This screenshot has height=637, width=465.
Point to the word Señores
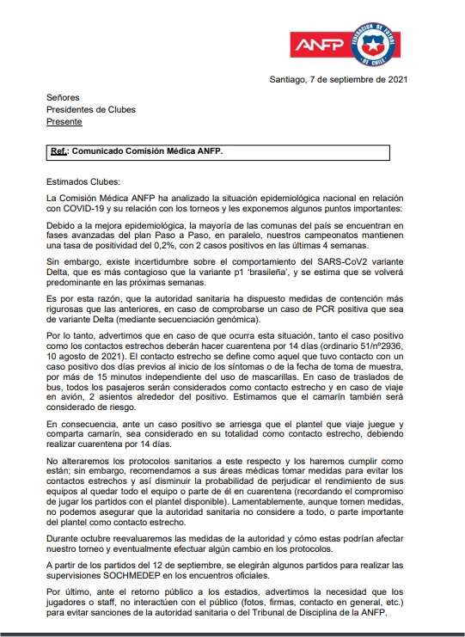coord(64,98)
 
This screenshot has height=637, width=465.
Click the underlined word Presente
coord(64,122)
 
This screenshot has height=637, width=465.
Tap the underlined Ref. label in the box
coord(60,151)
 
